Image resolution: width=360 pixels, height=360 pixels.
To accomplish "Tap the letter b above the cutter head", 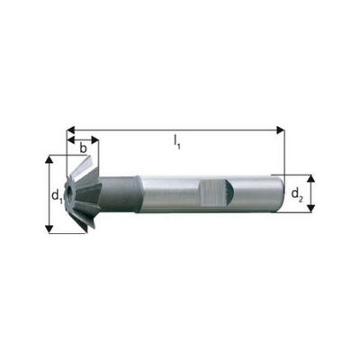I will coord(83,147).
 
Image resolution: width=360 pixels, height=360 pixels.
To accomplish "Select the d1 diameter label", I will coord(56,193).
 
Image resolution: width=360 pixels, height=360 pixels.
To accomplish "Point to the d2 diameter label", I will coord(296,193).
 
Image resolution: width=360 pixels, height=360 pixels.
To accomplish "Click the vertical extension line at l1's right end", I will coord(283,153).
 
